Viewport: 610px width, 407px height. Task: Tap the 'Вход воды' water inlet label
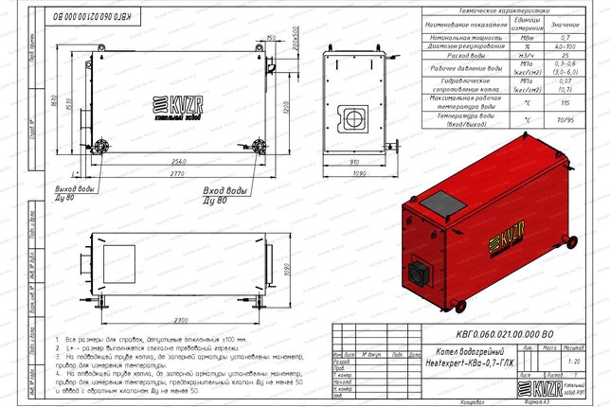[224, 193]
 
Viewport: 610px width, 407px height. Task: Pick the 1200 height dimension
[286, 106]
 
